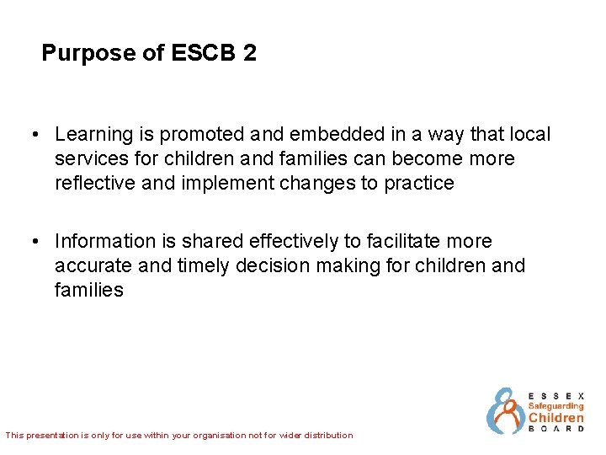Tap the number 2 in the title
tap(249, 54)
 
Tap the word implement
tap(221, 183)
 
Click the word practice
tap(418, 183)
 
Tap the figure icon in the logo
tap(505, 411)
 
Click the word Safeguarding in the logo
tap(555, 405)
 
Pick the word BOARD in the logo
tap(555, 429)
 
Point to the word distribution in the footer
tap(326, 436)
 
